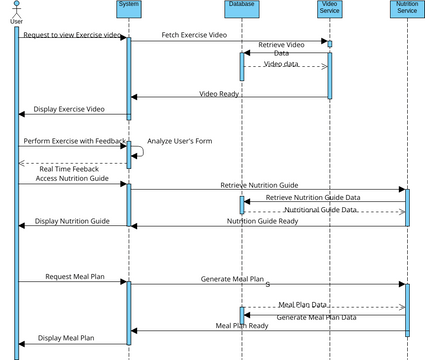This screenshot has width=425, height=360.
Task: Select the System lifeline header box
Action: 128,8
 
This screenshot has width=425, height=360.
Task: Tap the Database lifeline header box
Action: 241,8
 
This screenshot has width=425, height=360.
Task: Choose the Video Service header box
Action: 329,10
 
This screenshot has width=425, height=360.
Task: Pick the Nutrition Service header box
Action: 407,10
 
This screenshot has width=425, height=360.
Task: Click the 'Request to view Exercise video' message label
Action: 73,36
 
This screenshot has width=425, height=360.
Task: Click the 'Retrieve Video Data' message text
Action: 282,49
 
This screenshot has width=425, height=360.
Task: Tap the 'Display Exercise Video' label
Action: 69,109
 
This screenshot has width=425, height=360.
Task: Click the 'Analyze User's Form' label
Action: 179,141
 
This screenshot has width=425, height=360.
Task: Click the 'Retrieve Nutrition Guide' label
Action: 259,185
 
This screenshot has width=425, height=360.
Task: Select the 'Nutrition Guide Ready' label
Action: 262,221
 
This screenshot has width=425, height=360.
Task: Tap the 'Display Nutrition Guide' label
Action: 72,221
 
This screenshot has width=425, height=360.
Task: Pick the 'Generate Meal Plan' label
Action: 232,279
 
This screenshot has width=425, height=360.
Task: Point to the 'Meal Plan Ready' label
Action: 242,325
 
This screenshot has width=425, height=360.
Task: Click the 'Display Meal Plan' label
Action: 66,338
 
